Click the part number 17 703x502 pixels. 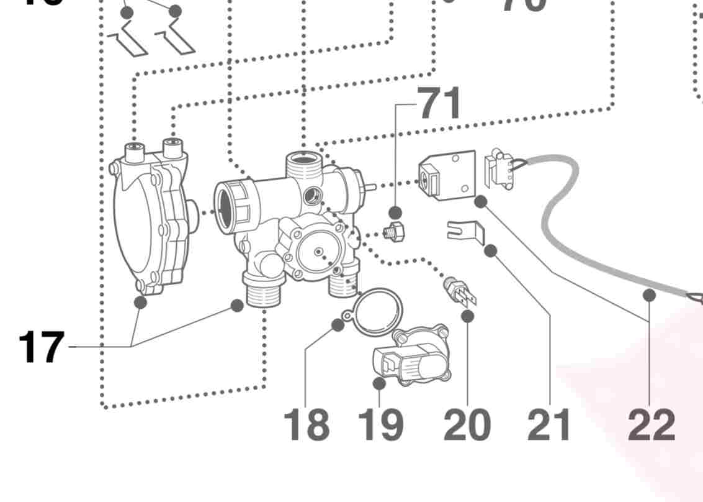(41, 347)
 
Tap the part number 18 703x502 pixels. (306, 425)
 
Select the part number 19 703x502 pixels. (380, 425)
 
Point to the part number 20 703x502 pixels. (467, 425)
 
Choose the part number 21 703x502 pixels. (549, 425)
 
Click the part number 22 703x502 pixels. (651, 425)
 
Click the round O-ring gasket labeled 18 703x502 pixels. (377, 309)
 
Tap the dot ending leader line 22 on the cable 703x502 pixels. (649, 295)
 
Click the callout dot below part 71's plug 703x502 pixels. (395, 213)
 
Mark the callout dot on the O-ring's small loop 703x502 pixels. (338, 325)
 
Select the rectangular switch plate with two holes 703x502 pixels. (447, 175)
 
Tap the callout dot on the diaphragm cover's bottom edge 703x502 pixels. (141, 303)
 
